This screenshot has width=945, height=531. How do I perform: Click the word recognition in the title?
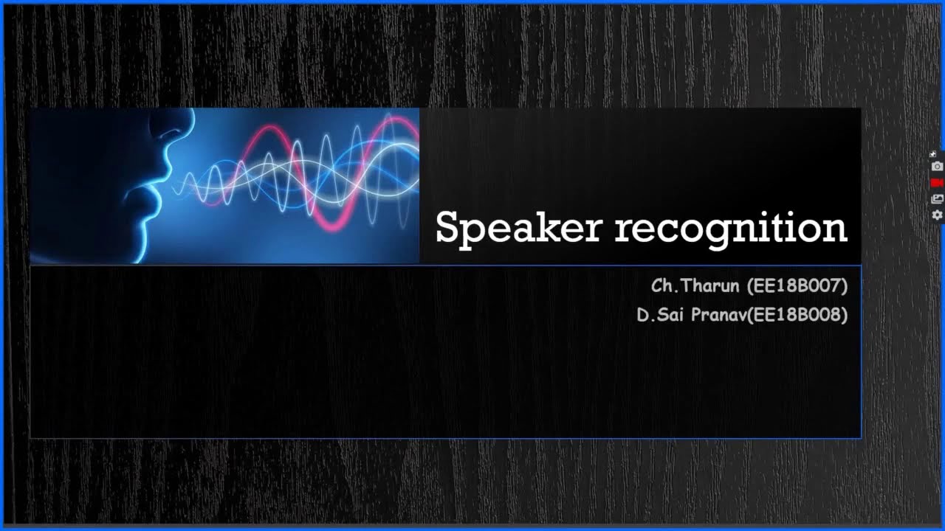[x=731, y=228]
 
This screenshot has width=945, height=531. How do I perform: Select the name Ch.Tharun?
[x=695, y=285]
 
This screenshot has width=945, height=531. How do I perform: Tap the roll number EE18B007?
[x=797, y=285]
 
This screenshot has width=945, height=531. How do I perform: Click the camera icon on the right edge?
[x=937, y=167]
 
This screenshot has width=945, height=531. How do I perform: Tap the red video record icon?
[x=937, y=183]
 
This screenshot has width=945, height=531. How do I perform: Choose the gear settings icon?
[x=937, y=215]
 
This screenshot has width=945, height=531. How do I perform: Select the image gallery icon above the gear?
[x=937, y=198]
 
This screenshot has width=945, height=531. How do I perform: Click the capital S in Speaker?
[x=447, y=228]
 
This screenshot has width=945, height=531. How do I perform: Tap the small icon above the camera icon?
[x=933, y=154]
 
